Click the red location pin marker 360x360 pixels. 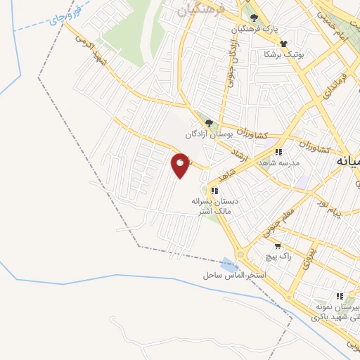(181, 166)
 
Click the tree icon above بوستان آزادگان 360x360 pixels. (208, 123)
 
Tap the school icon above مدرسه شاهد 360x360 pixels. (278, 152)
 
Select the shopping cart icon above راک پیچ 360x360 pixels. (278, 246)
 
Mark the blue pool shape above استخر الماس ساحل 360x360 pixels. (229, 264)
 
